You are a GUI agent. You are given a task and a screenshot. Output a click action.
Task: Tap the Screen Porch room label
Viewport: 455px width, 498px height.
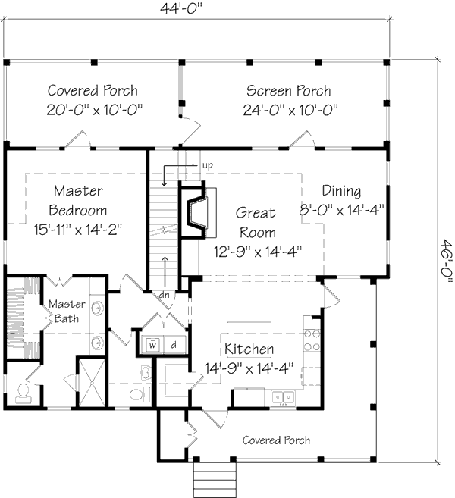pos(288,91)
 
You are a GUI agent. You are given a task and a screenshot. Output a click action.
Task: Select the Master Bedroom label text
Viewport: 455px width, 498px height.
pos(78,200)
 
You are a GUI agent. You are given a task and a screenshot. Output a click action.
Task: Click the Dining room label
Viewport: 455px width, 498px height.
pos(341,191)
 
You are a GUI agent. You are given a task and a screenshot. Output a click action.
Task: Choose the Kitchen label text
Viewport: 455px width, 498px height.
pos(249,349)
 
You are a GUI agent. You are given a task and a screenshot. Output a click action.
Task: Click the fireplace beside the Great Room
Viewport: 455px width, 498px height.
pos(195,211)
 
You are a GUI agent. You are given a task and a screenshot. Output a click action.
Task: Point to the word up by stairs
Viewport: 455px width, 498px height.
pos(207,164)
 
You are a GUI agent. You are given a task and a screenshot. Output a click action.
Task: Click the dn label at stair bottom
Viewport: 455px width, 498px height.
pos(164,294)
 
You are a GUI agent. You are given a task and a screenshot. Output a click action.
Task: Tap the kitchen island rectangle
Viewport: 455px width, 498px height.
pos(248,330)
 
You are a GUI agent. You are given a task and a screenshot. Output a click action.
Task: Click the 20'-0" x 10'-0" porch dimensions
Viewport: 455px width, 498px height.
pos(95,110)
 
